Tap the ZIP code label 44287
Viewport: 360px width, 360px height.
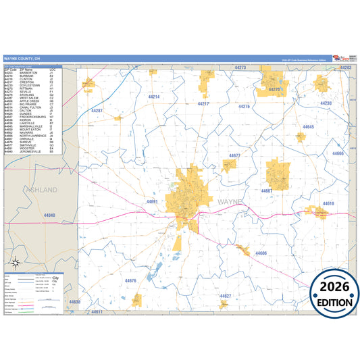point(97,110)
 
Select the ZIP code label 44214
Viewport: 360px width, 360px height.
point(154,97)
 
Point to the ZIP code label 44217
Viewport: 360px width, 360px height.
point(203,104)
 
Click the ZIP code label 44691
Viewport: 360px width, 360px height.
point(152,201)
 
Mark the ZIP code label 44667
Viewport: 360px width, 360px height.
point(267,191)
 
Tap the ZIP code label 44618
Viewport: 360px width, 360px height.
point(328,203)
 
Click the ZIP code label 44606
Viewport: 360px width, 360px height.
point(261,253)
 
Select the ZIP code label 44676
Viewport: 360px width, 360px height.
point(131,280)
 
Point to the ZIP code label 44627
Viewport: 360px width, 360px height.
point(226,297)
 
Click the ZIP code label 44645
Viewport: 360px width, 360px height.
point(309,127)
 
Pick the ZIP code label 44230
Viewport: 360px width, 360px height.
point(326,103)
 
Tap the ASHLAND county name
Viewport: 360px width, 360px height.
point(42,190)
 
